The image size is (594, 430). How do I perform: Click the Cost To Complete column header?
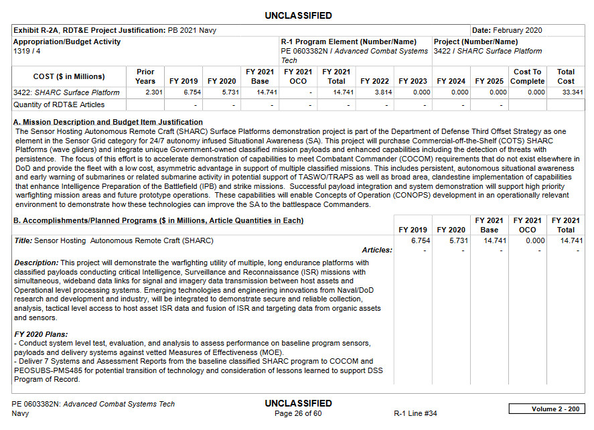tap(527, 76)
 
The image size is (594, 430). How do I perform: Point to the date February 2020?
tap(518, 30)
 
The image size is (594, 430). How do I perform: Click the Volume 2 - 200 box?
tap(546, 409)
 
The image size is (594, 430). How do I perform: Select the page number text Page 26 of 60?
tap(298, 414)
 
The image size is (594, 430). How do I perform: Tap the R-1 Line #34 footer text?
tap(415, 414)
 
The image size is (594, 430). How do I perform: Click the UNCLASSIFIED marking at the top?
tap(298, 15)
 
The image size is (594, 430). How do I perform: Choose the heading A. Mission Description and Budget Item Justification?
tap(108, 122)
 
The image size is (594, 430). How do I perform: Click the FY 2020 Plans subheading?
tap(42, 334)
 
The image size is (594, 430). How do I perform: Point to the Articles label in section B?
tap(376, 250)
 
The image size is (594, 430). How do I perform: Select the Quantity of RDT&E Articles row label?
tap(59, 104)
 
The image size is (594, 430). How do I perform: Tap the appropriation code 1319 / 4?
tap(26, 51)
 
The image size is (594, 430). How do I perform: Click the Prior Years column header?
tap(145, 76)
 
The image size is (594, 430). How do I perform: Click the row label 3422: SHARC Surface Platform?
tap(66, 92)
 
